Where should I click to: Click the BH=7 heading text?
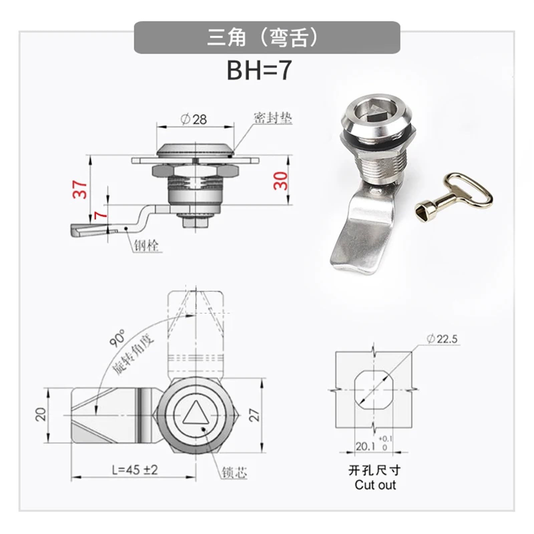coord(259,70)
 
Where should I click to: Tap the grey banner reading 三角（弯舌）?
coord(267,37)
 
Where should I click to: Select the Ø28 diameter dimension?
coord(194,119)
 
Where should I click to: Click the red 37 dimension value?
coord(80,189)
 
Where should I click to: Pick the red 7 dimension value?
coord(101,215)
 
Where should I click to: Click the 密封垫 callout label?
coord(273,118)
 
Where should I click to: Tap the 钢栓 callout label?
coord(147,245)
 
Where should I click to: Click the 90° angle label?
coord(117,338)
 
